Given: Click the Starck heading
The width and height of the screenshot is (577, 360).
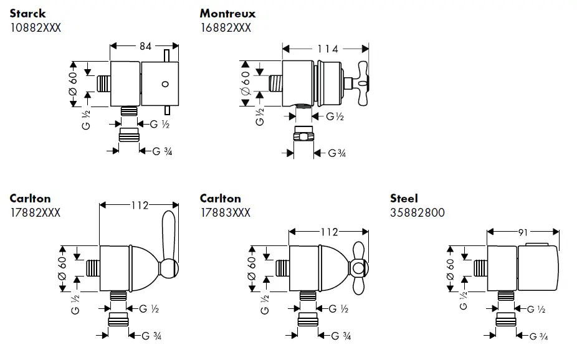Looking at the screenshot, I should tap(27, 13).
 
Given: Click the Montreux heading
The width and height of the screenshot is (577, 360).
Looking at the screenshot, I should tap(227, 13).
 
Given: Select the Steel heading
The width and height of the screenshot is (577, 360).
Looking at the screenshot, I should tap(404, 199).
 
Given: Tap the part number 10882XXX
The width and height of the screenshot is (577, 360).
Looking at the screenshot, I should tap(36, 27).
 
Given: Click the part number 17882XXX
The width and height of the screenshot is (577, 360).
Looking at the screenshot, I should tap(35, 213).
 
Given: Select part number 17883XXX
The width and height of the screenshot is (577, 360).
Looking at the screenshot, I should tap(225, 213).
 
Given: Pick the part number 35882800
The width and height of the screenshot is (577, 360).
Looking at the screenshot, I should tap(417, 213).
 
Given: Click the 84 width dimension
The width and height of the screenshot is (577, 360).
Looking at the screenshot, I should tap(144, 45).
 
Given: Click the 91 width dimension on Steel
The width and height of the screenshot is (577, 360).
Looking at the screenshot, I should tap(522, 232).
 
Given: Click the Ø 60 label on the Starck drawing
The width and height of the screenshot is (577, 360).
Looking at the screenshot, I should tap(73, 83).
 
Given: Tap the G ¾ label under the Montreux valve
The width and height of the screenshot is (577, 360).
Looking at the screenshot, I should tap(333, 153).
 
